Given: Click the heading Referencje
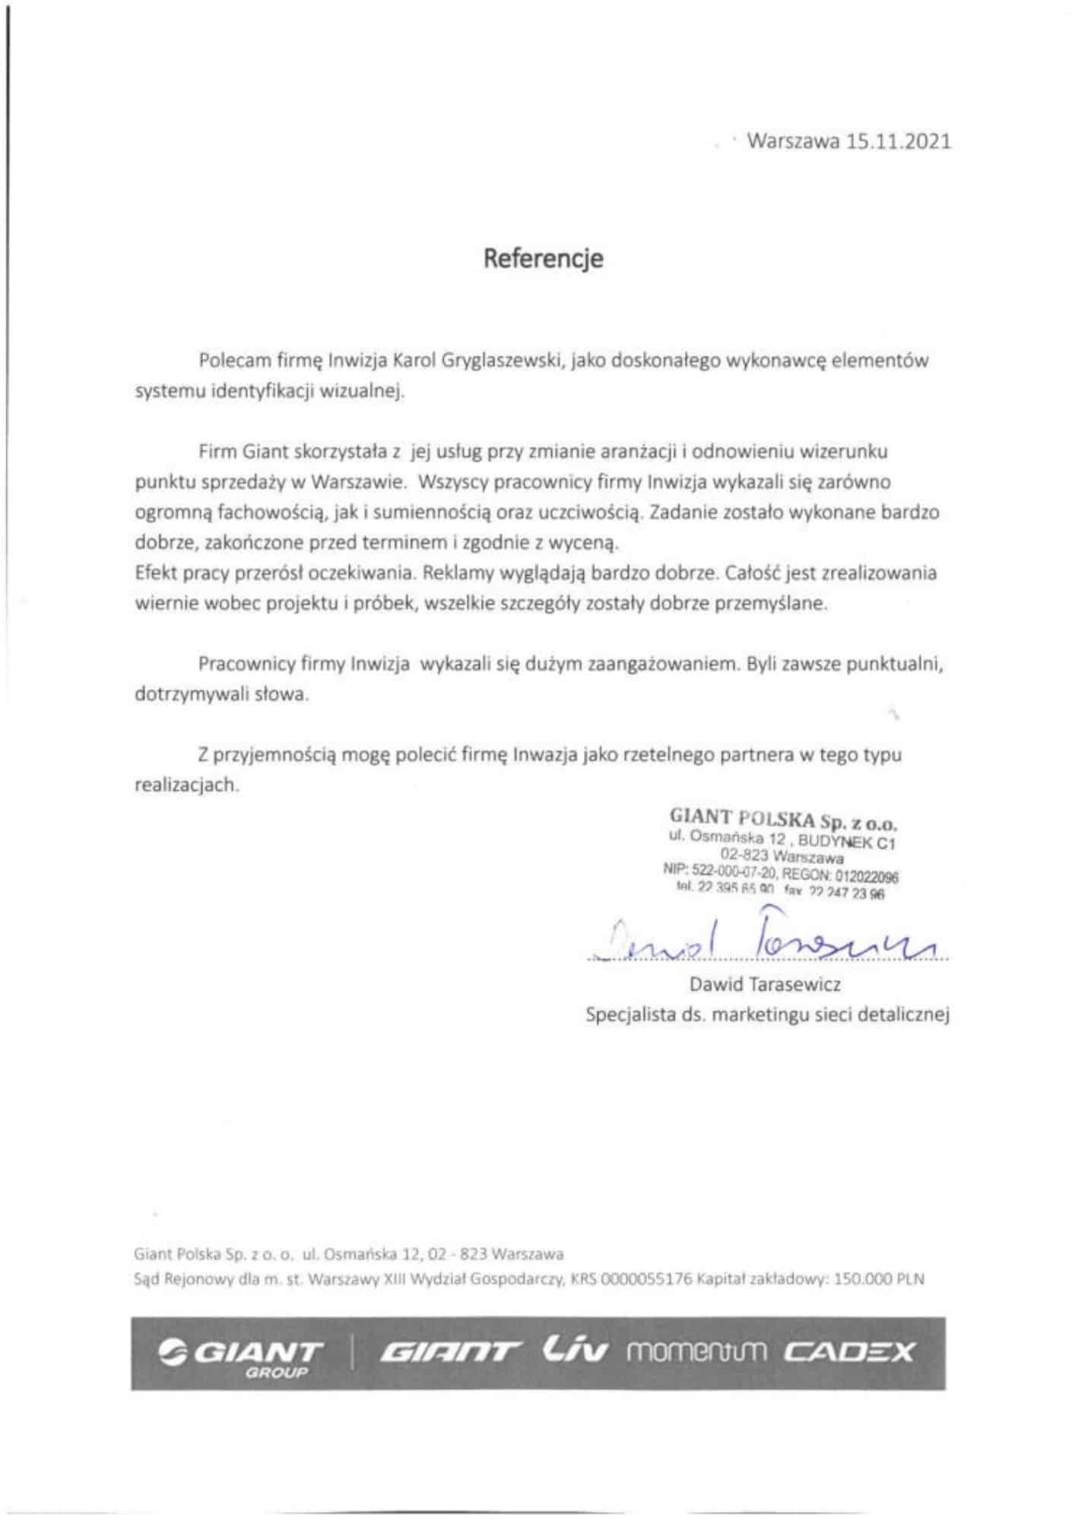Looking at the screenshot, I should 544,259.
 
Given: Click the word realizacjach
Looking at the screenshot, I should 186,785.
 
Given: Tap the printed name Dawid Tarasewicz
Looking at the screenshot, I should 766,985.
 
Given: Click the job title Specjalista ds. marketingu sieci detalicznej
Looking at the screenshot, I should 768,1015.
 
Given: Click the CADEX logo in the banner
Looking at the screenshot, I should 849,1352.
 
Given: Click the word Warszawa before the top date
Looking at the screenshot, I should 794,142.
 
